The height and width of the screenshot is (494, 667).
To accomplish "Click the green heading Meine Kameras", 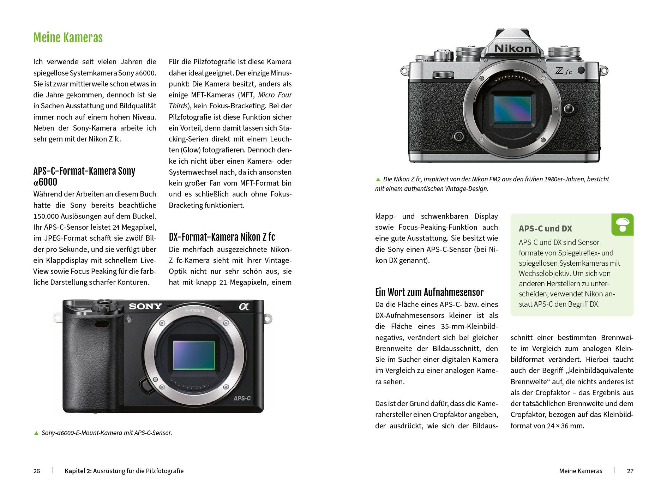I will click(x=68, y=38).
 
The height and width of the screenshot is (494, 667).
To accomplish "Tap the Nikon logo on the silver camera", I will click(x=513, y=48).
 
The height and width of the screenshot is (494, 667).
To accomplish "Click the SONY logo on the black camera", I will click(x=145, y=306).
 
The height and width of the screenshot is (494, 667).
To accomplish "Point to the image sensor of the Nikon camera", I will click(x=512, y=109).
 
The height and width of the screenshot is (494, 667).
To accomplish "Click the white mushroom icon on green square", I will click(x=622, y=224).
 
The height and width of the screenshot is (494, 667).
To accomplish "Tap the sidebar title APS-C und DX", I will click(x=545, y=229).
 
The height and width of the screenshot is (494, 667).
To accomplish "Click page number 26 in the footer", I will click(x=37, y=471).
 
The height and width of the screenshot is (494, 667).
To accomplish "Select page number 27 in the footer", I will click(x=630, y=471).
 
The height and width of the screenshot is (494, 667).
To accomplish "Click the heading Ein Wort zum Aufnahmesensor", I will click(x=429, y=293).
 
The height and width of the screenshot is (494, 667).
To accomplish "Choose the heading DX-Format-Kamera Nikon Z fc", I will click(x=222, y=237).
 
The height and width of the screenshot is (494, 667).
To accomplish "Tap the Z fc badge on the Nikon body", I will click(x=563, y=71).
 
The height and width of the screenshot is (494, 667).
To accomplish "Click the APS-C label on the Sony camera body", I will click(x=242, y=398).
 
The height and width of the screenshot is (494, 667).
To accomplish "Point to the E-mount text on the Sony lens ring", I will click(x=195, y=311).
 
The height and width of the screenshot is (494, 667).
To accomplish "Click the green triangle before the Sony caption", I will click(x=36, y=433).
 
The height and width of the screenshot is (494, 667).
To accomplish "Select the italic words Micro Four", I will click(x=275, y=95).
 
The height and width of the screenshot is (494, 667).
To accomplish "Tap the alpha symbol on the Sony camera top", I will click(x=244, y=306).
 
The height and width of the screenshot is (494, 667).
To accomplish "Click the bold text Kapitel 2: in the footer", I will click(x=78, y=471).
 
